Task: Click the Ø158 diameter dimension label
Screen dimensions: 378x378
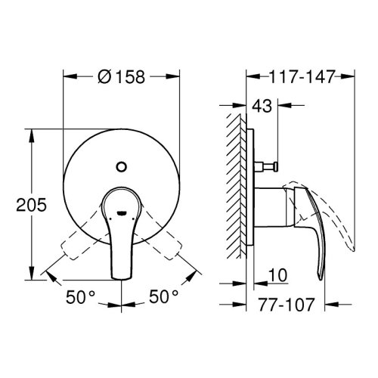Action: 122,76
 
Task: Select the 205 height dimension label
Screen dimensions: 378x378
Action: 32,205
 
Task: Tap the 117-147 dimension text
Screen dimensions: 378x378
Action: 302,76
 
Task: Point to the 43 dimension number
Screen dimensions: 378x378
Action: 262,106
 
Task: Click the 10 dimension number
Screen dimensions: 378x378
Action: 277,275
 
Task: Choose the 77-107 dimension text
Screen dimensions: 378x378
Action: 287,305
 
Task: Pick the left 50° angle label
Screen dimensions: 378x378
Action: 80,297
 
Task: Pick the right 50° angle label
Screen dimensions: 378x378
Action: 163,296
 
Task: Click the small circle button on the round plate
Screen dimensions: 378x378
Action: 122,166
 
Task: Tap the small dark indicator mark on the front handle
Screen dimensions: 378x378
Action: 121,213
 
